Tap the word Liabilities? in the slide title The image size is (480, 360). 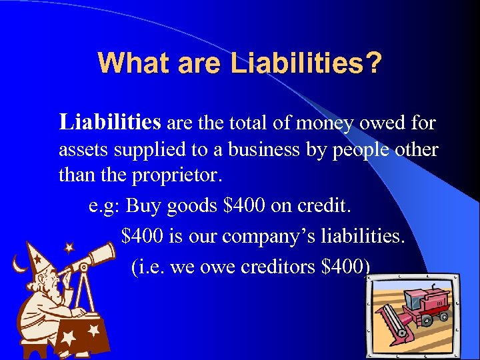tap(306, 63)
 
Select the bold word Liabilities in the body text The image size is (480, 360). tap(110, 123)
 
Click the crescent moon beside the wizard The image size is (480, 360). tap(19, 265)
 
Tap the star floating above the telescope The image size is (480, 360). tap(68, 248)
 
